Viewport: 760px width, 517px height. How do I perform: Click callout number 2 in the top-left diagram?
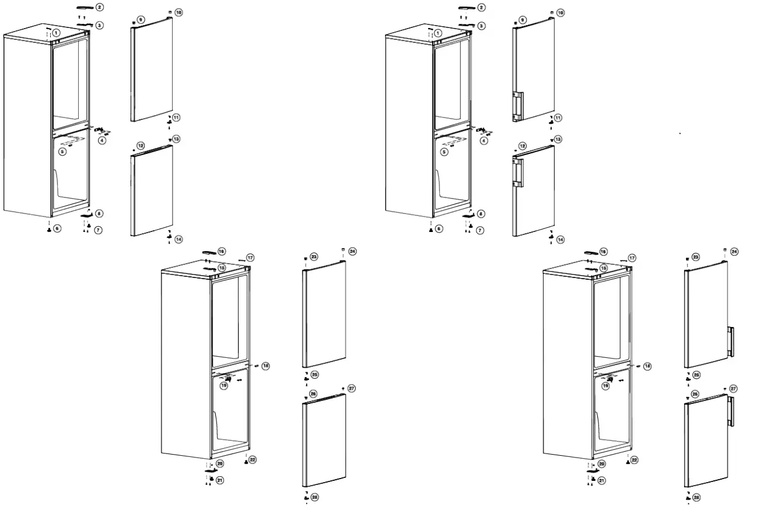(100, 7)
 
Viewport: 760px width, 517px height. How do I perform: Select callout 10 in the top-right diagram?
(561, 12)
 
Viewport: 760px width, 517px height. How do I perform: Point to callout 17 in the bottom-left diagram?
(250, 258)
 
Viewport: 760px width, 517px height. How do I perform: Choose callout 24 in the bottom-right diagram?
(734, 252)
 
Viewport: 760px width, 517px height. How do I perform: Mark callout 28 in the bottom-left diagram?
(315, 497)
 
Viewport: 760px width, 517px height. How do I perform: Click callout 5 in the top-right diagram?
(444, 152)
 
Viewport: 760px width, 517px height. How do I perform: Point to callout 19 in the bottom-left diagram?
(224, 386)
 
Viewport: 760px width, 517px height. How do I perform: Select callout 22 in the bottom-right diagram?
(634, 460)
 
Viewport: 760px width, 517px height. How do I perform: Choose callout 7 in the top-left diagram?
(98, 230)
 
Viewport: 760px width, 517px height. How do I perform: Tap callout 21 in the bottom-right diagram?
(601, 480)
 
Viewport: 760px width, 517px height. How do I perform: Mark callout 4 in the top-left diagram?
(102, 140)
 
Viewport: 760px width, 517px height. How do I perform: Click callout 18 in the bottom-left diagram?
(265, 365)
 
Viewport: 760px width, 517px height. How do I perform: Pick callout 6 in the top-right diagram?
(438, 228)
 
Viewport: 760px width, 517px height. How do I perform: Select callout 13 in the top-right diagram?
(558, 139)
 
